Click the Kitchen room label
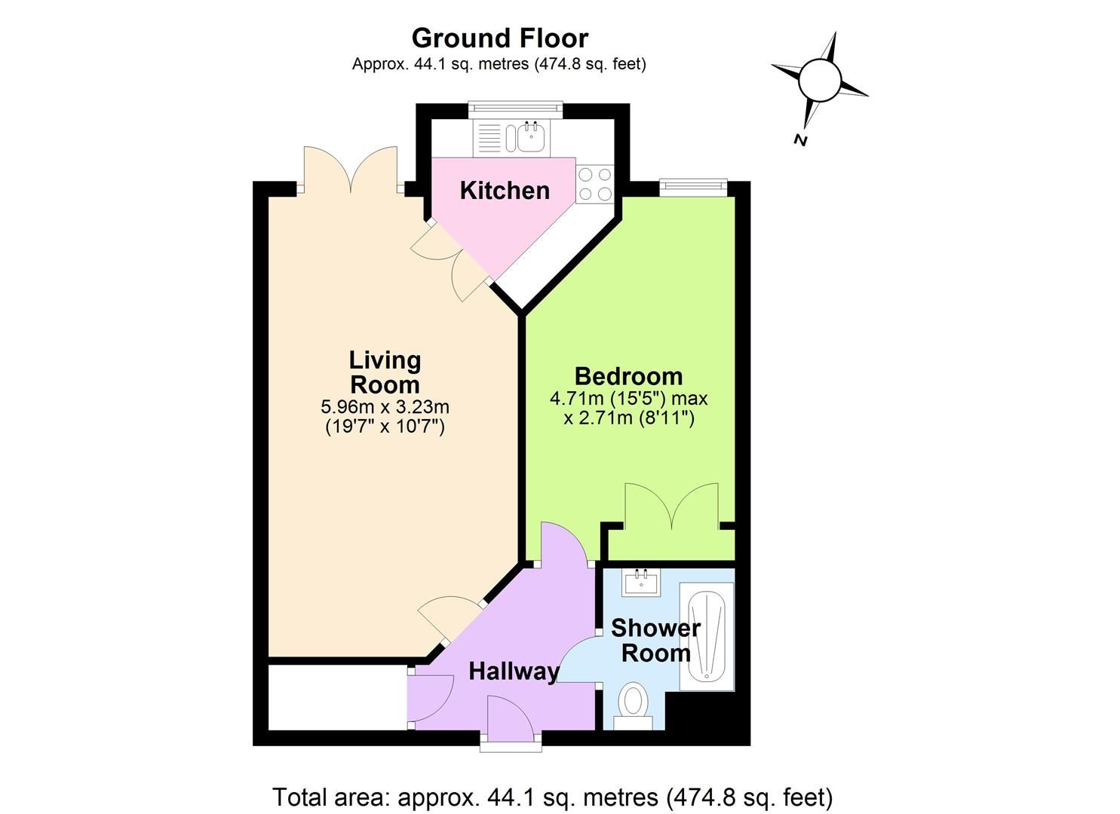505,191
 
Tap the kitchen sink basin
531,137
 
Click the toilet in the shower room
632,702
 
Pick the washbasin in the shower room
641,583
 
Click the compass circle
819,78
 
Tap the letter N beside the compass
800,139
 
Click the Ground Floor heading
499,38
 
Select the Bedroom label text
628,375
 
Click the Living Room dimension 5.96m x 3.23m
385,407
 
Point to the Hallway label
514,671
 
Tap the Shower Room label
655,640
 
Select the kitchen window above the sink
515,109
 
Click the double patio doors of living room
349,172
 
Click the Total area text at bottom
552,797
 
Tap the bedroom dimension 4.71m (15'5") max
628,398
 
